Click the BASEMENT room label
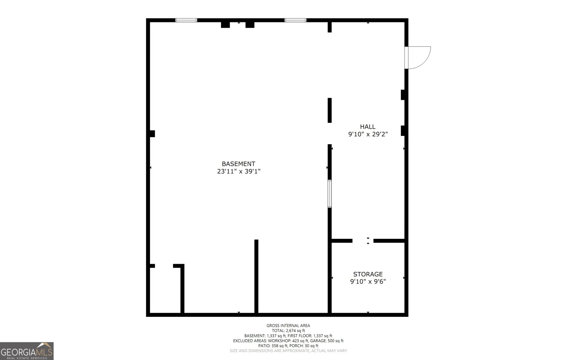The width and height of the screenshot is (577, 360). [x=238, y=164]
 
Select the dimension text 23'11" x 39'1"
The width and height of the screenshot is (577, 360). [x=238, y=172]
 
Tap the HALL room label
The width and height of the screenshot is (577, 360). [x=367, y=126]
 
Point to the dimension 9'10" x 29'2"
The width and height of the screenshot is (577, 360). [x=367, y=134]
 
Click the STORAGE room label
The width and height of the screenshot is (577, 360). [x=367, y=274]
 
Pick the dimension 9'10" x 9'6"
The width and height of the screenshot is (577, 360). [x=367, y=282]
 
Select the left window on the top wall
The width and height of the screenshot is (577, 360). [x=186, y=20]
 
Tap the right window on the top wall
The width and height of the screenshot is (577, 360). [x=295, y=20]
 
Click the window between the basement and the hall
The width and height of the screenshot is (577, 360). [x=329, y=194]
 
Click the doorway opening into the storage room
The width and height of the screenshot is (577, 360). [x=363, y=241]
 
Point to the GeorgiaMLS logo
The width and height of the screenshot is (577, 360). [x=27, y=351]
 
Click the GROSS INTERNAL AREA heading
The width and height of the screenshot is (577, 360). [x=288, y=325]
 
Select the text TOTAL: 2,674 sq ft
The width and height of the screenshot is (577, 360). [x=288, y=330]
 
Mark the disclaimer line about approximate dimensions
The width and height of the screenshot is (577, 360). [x=288, y=351]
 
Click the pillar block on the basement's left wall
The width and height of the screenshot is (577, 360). [x=152, y=134]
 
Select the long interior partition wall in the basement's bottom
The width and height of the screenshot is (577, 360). [x=256, y=276]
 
